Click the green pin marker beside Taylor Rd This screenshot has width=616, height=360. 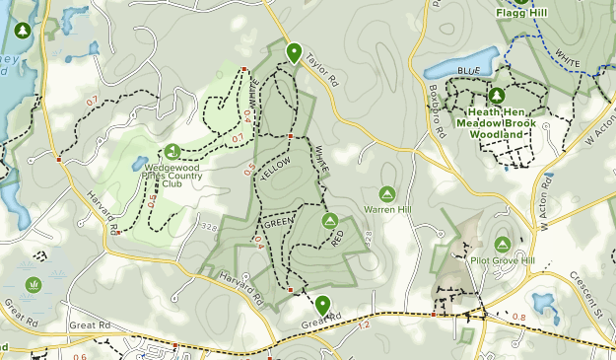[x=293, y=53]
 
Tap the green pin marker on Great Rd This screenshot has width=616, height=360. [x=322, y=304]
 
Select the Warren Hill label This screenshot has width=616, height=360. [x=386, y=209]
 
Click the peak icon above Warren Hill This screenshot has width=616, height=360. [x=386, y=193]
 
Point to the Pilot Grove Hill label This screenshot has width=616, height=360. [x=502, y=260]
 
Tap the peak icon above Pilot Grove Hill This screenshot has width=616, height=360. [x=502, y=244]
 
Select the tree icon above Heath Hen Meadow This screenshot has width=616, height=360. [x=497, y=96]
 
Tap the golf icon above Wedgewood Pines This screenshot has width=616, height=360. [x=172, y=151]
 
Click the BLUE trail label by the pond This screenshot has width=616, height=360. [x=468, y=71]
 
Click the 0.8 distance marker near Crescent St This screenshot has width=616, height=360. [x=519, y=317]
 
